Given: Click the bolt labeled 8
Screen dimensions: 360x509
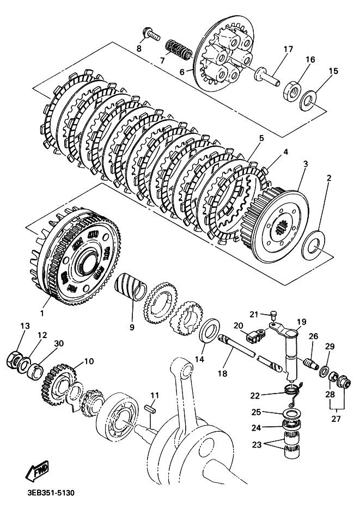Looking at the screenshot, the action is point(151,34).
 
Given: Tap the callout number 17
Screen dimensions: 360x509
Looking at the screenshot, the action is point(288,50).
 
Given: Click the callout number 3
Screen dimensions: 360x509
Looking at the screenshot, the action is point(306,164).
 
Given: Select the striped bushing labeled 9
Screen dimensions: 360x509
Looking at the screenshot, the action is point(131,287).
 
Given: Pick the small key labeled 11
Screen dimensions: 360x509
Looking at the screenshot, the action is point(151,408).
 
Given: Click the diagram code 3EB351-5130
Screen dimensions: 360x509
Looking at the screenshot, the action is point(51,493).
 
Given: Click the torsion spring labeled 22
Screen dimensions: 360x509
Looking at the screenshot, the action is point(294,393).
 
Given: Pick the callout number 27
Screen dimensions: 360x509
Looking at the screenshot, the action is point(336,419).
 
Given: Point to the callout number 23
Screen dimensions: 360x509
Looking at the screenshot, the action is point(257,445).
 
